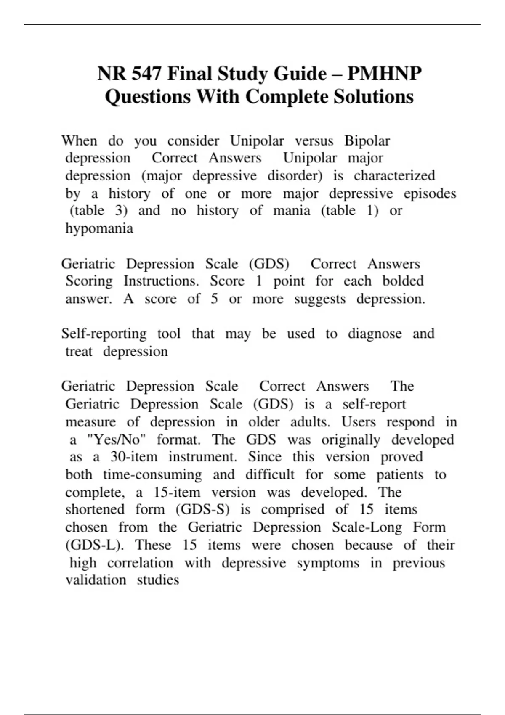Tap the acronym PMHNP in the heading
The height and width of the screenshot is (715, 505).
tap(384, 74)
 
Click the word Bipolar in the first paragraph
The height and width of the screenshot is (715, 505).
tap(367, 140)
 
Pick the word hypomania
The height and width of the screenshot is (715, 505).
tap(99, 228)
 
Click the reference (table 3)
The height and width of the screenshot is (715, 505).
tap(98, 210)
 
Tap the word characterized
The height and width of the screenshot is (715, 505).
tap(394, 175)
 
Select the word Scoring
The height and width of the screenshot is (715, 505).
tap(89, 281)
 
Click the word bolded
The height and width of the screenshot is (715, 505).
tap(403, 281)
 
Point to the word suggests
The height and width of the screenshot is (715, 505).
tap(320, 299)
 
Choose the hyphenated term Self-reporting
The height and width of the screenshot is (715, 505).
tap(104, 334)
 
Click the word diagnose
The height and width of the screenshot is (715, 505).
tap(375, 334)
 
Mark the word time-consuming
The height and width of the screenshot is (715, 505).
tap(152, 475)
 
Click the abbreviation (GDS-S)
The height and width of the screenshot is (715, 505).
tap(202, 510)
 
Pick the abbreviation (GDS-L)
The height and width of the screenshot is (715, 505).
tap(95, 545)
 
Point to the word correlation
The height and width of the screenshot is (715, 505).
tap(140, 563)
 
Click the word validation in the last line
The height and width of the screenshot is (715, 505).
tap(96, 580)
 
